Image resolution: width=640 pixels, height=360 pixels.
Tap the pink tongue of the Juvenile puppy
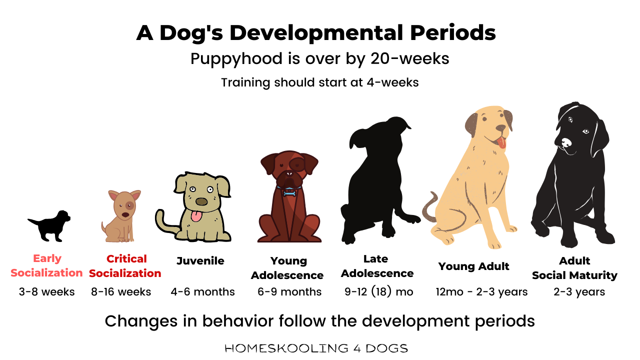[x=196, y=216]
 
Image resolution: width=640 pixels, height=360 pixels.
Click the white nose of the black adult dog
[x=565, y=143]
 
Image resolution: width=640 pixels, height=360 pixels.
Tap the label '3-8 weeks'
[x=47, y=291]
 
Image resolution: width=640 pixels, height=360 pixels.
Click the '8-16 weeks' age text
[x=121, y=291]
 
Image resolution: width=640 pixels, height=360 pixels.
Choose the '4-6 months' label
[x=202, y=291]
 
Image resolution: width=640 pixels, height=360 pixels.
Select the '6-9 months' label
[x=289, y=291]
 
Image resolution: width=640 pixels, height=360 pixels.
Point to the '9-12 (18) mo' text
[x=379, y=291]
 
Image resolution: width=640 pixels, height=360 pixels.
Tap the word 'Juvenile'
[x=200, y=261]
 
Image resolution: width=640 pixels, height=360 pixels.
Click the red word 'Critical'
[x=126, y=259]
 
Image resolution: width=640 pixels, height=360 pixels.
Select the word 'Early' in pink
[x=47, y=259]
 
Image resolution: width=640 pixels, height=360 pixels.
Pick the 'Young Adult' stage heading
[x=473, y=266]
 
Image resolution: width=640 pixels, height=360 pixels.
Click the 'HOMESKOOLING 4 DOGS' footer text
[x=316, y=348]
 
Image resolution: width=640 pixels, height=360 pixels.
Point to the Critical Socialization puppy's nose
[x=125, y=214]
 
